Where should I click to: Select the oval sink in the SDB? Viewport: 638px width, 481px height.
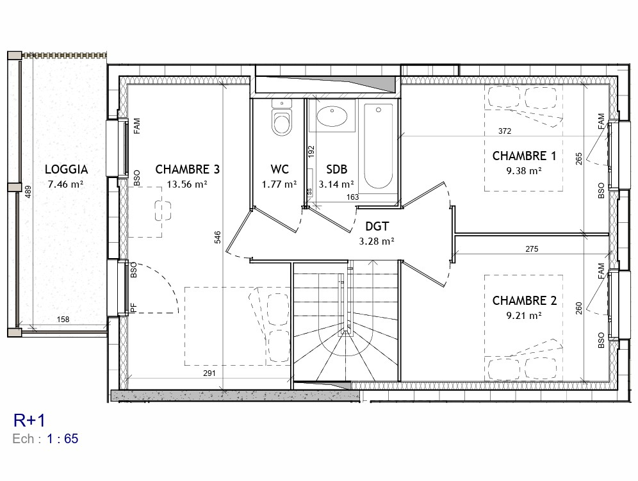click(332, 116)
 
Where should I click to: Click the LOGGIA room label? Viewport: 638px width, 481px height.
click(67, 169)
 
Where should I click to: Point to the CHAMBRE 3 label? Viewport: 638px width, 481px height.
click(188, 169)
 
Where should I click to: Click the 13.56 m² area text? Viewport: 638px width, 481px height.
click(187, 184)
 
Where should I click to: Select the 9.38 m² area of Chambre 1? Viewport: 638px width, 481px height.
click(524, 170)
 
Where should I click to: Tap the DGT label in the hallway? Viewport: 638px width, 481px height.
click(377, 226)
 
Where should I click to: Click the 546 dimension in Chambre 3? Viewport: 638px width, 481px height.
click(218, 237)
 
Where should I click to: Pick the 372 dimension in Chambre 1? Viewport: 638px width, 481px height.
click(505, 131)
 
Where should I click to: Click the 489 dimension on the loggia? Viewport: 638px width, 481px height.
click(28, 192)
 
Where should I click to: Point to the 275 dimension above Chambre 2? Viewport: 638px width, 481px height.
click(532, 249)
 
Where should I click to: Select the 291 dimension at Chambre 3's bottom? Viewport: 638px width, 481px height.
click(209, 373)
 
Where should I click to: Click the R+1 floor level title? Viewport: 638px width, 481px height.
click(29, 420)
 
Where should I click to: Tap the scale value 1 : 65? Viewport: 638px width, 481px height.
click(62, 439)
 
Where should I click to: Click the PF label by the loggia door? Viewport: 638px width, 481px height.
click(133, 308)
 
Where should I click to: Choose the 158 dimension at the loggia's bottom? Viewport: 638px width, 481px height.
click(63, 320)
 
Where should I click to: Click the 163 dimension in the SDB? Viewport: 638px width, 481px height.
click(352, 197)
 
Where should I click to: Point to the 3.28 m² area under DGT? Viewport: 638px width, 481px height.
click(377, 241)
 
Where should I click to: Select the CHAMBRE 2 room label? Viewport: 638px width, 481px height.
click(525, 301)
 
